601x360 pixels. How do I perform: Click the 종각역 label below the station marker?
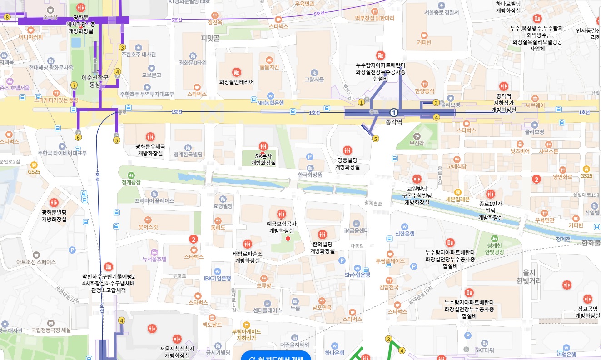(x=394, y=122)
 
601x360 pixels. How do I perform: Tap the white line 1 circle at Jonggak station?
(x=394, y=112)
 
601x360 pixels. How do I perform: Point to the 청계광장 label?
(x=131, y=182)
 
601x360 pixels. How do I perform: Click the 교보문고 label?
(x=152, y=75)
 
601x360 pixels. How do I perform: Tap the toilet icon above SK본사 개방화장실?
(x=263, y=146)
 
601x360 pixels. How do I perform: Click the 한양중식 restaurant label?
(x=424, y=91)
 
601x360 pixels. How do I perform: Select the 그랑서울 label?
(x=314, y=80)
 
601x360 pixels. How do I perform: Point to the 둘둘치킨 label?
(x=269, y=67)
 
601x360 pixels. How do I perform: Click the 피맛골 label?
(x=210, y=39)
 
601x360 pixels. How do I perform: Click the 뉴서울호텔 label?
(x=154, y=259)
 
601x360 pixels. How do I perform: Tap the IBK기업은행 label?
(x=217, y=278)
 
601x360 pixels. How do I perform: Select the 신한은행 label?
(x=405, y=234)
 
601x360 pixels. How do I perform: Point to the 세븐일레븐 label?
(x=457, y=199)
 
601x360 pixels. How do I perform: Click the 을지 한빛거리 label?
(x=529, y=276)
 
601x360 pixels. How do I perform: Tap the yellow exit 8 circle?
(x=7, y=17)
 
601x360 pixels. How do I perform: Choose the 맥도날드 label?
(x=212, y=325)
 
